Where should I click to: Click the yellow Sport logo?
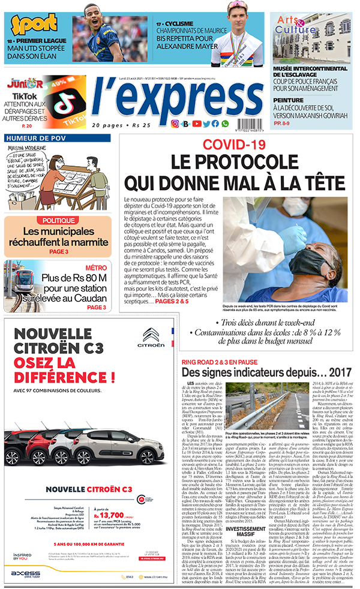tap(28, 25)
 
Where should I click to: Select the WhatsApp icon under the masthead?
tap(225, 124)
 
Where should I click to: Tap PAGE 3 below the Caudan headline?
tap(96, 308)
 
